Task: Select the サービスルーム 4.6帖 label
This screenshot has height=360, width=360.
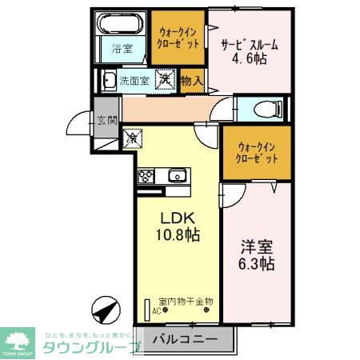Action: (x=250, y=51)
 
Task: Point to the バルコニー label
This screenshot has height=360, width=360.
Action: (x=185, y=340)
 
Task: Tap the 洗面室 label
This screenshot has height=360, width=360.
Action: (x=134, y=80)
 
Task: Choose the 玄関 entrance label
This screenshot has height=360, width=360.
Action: (x=107, y=121)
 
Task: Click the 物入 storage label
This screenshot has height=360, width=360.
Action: (x=192, y=80)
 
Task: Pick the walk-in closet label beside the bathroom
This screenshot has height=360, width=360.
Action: (x=178, y=34)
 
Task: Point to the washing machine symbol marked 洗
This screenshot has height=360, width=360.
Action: (x=165, y=79)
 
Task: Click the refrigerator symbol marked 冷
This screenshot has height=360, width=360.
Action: (x=132, y=138)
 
